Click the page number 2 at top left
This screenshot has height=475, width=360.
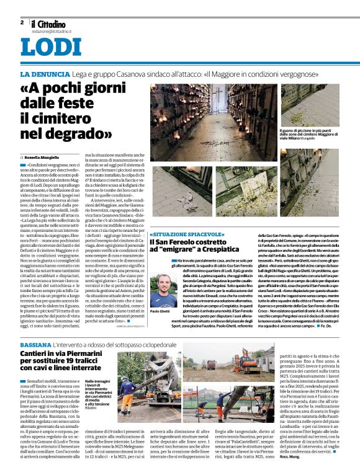(22, 22)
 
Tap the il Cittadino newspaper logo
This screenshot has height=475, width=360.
(48, 24)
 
